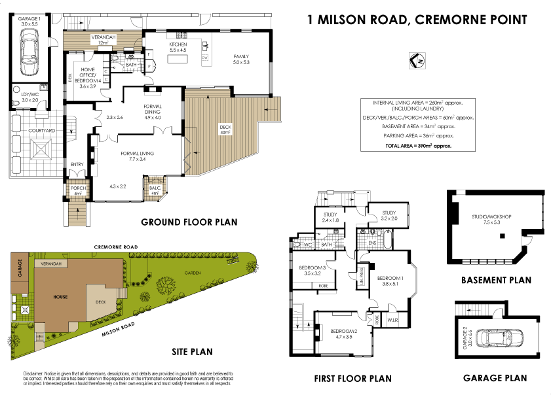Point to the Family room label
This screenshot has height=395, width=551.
click(242, 60)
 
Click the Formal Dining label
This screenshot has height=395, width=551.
click(152, 109)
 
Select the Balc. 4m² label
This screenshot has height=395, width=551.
click(155, 190)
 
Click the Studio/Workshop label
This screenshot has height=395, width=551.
click(491, 218)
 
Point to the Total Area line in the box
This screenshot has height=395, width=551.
click(418, 146)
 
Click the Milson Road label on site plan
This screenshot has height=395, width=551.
click(118, 328)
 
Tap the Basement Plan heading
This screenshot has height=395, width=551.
click(496, 280)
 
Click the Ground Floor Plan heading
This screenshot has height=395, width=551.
click(189, 222)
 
